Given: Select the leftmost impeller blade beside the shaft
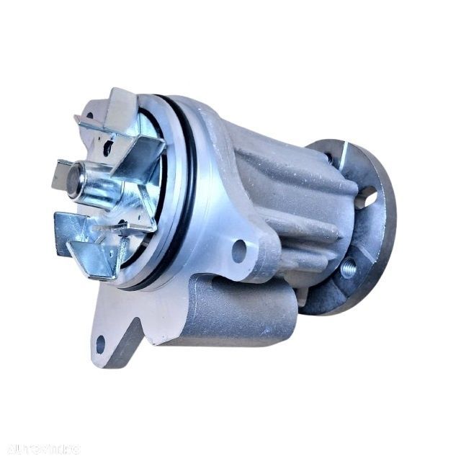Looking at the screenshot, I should (x=63, y=174).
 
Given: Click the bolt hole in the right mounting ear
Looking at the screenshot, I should (x=238, y=251).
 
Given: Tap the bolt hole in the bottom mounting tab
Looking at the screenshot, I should (x=100, y=344).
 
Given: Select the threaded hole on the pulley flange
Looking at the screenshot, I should (x=349, y=268).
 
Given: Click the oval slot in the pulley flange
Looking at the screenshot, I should (x=366, y=196).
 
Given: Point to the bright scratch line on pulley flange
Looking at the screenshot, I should (x=343, y=156).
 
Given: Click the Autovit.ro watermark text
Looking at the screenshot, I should (x=40, y=449).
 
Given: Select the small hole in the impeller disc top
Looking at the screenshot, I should (x=107, y=147).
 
